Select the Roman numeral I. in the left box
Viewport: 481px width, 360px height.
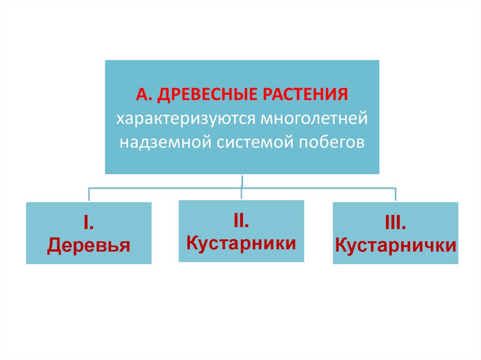point(88,224)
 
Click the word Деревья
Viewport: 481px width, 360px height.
point(88,245)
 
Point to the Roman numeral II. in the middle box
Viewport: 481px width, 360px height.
point(241,222)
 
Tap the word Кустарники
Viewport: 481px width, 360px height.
point(241,243)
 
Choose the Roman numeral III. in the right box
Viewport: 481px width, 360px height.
point(396,224)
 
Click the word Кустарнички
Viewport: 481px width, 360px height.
point(396,245)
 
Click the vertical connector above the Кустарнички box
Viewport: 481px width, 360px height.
point(396,195)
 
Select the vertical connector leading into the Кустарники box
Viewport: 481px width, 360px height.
point(241,193)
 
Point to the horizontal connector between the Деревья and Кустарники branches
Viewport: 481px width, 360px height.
point(164,188)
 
